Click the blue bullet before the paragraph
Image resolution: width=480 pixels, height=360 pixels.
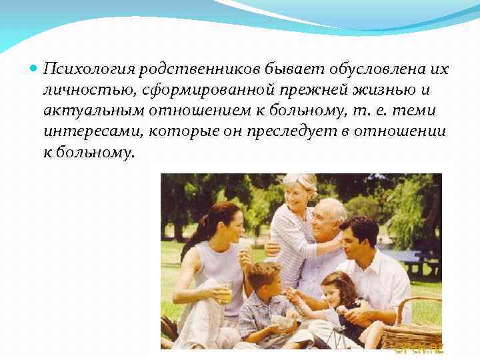point(34,69)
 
